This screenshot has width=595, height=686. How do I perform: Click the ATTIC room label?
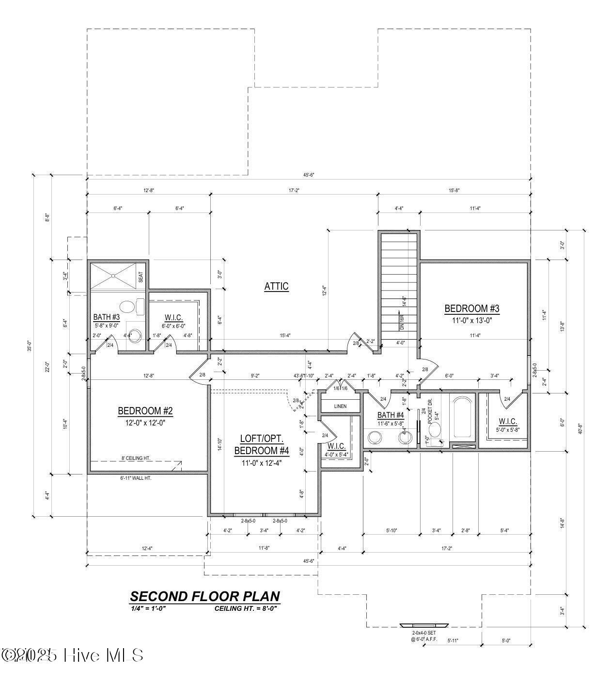(276, 286)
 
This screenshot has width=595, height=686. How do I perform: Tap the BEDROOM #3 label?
(471, 309)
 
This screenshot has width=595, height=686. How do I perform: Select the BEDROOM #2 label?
(145, 411)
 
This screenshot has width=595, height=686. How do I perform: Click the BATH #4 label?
(391, 415)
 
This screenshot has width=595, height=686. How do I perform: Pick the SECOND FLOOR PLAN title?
(204, 596)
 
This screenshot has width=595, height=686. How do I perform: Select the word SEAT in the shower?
(141, 277)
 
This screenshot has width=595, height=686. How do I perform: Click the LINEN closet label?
(340, 406)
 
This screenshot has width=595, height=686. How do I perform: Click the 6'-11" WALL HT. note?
(136, 478)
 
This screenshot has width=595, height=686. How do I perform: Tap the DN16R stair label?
(402, 323)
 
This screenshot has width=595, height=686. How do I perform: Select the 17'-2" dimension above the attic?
(293, 191)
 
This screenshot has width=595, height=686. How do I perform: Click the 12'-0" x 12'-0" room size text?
(145, 422)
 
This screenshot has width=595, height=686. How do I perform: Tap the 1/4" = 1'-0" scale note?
(148, 608)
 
